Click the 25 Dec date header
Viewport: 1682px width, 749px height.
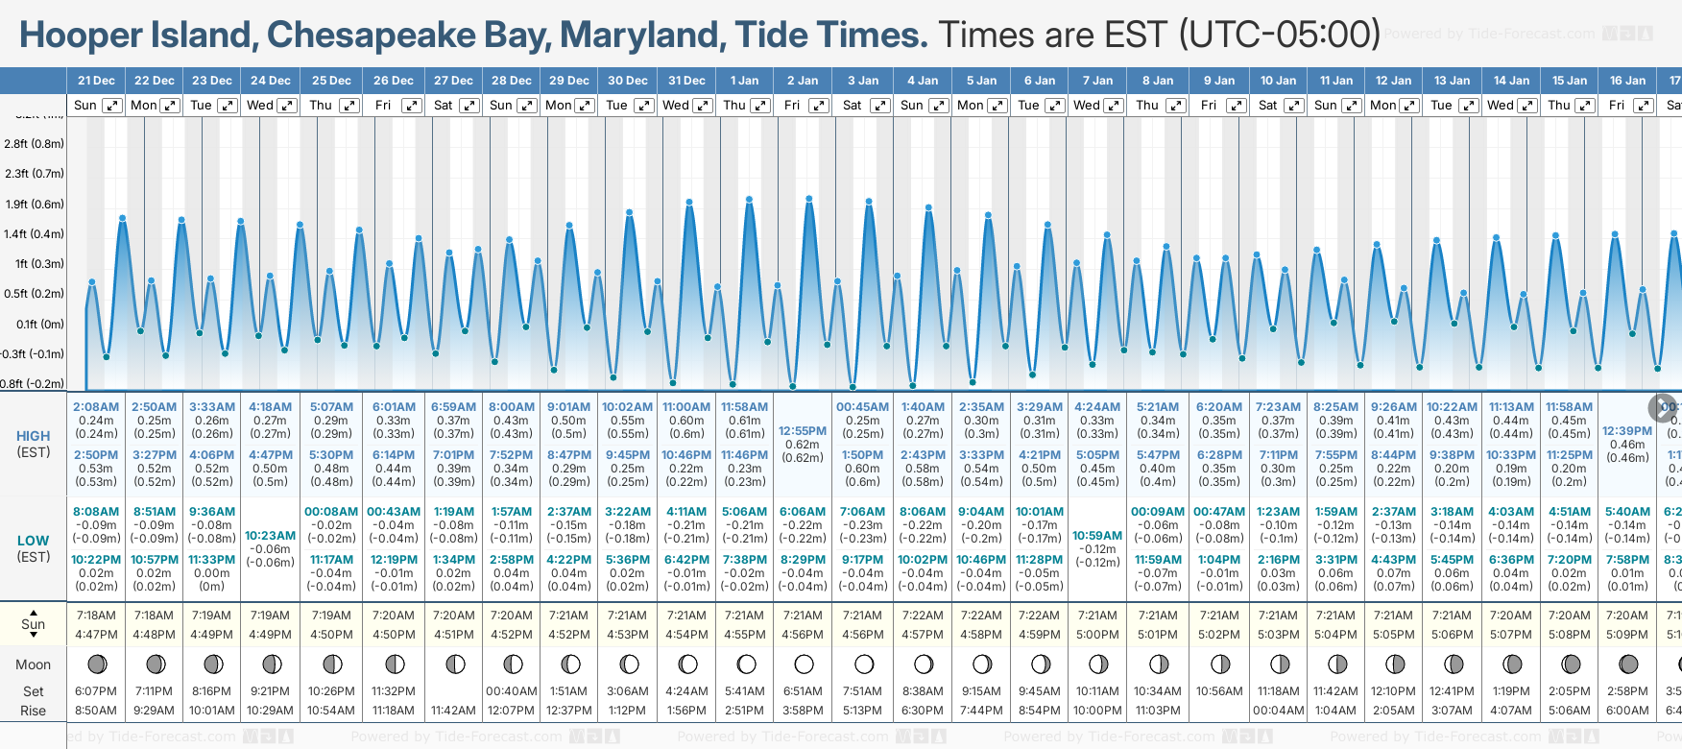[331, 81]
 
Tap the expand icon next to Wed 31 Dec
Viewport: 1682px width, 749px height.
[703, 106]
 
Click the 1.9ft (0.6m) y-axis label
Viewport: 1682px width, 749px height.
[35, 204]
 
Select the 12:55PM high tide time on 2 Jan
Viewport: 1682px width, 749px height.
[803, 431]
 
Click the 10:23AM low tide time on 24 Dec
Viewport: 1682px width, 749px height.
[271, 535]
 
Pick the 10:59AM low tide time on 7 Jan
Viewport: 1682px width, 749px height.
[1097, 535]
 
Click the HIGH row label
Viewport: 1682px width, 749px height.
[33, 436]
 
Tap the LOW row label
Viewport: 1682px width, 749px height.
[33, 541]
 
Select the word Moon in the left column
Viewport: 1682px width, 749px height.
[33, 664]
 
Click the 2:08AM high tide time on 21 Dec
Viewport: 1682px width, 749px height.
[96, 407]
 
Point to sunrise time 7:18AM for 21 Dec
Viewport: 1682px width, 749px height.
[96, 616]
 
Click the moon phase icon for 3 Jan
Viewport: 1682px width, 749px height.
[864, 664]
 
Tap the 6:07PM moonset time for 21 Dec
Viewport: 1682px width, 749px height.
[96, 691]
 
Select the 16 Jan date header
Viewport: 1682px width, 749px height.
[1627, 81]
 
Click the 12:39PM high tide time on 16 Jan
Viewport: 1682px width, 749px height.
[1627, 431]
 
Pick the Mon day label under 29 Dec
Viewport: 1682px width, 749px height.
[558, 106]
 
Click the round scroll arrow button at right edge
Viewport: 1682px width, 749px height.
[1663, 407]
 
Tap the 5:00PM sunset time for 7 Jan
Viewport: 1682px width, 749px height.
[1097, 635]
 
